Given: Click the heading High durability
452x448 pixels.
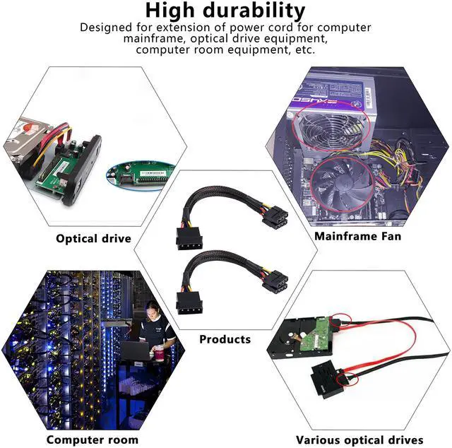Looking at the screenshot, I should [225, 11].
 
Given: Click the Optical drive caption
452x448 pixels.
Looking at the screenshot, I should [93, 238].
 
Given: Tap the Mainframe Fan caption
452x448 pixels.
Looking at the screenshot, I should [357, 236].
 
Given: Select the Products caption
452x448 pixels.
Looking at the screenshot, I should [225, 339].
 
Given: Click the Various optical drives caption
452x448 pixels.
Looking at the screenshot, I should [359, 440].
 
